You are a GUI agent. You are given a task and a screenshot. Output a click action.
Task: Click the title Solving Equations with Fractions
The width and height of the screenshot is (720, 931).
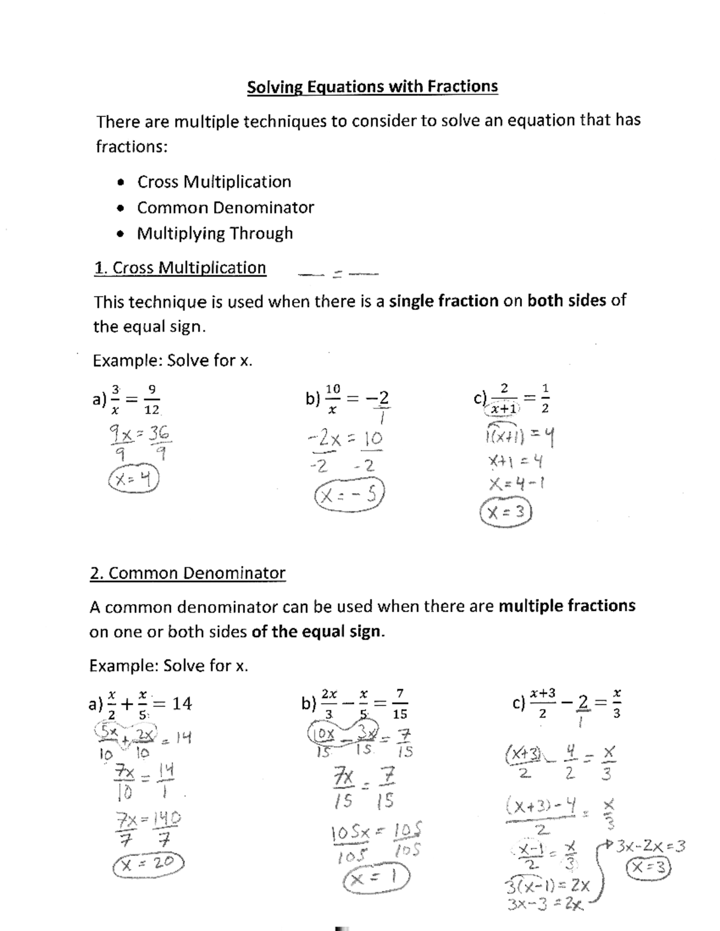pos(372,87)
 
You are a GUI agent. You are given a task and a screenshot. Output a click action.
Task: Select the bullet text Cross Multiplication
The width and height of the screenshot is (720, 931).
pos(214,182)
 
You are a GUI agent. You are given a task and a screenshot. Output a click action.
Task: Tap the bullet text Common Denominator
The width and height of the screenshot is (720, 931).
pos(226,207)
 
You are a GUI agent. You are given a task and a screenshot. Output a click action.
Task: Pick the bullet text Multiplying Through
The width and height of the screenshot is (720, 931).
pos(215,233)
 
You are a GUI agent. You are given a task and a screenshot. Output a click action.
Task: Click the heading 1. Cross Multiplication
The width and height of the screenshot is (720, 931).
pos(180,267)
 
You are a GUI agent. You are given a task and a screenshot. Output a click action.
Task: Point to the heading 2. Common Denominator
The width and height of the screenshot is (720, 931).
pos(188,573)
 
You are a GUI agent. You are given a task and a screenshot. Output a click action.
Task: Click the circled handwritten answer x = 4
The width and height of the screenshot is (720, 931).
pos(133,479)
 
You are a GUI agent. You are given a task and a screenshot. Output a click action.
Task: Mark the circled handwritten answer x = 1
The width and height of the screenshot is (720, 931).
pos(376,879)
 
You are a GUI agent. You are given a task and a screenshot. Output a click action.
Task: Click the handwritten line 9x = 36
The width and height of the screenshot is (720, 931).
pos(139,433)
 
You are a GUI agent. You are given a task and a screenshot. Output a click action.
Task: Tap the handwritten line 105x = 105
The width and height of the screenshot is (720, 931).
pos(376,832)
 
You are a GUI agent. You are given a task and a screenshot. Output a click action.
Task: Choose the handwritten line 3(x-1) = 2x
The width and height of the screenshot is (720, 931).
pos(547,886)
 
